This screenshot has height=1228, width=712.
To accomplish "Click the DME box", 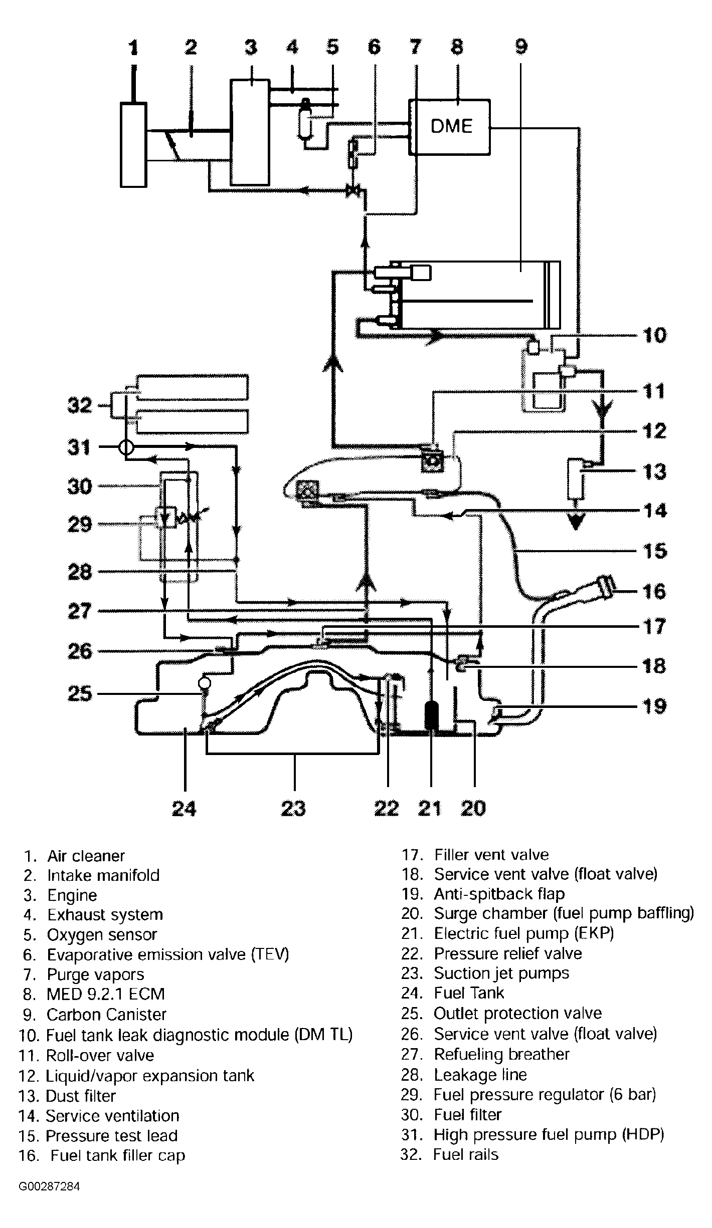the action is coord(450,127).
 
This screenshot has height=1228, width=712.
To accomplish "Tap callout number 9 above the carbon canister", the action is coord(521,47).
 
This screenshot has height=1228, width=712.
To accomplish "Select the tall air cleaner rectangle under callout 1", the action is coord(133,144).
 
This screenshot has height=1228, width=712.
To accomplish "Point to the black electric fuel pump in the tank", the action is coord(431,715).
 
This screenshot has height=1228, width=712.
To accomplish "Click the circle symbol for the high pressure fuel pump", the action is coord(126,447).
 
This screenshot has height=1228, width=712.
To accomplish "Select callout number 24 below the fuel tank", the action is coord(184,808).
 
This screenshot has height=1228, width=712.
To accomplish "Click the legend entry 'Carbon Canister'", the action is coord(106,1014).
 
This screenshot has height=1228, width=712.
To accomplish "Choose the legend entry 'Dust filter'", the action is coord(81,1096).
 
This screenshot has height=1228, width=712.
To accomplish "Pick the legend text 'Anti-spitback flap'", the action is coord(499,894).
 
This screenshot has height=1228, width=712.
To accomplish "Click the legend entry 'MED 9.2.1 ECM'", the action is coord(106,994).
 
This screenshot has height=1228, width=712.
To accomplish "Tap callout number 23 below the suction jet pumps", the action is coord(294,808).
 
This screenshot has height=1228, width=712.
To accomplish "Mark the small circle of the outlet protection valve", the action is coord(205,683).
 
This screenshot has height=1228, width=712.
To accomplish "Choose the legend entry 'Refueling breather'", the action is coord(501,1055).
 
